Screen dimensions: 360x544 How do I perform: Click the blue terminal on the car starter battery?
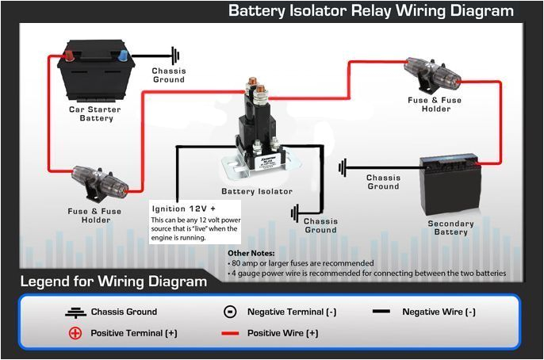pos(121,56)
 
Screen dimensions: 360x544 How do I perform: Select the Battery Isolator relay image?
pos(259,131)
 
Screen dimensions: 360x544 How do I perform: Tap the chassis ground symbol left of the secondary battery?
pos(343,167)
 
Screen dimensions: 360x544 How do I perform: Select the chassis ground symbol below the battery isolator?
pos(295,213)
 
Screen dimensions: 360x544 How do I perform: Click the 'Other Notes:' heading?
pos(253,252)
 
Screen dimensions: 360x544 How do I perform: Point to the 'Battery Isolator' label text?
pos(257,191)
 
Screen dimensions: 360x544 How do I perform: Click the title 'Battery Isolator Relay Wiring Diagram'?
pos(370,11)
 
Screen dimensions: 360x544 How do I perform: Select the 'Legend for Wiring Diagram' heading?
pos(113,281)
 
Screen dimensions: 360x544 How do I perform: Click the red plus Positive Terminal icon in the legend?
pos(75,333)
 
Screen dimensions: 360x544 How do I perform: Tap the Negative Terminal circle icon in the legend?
pos(229,312)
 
